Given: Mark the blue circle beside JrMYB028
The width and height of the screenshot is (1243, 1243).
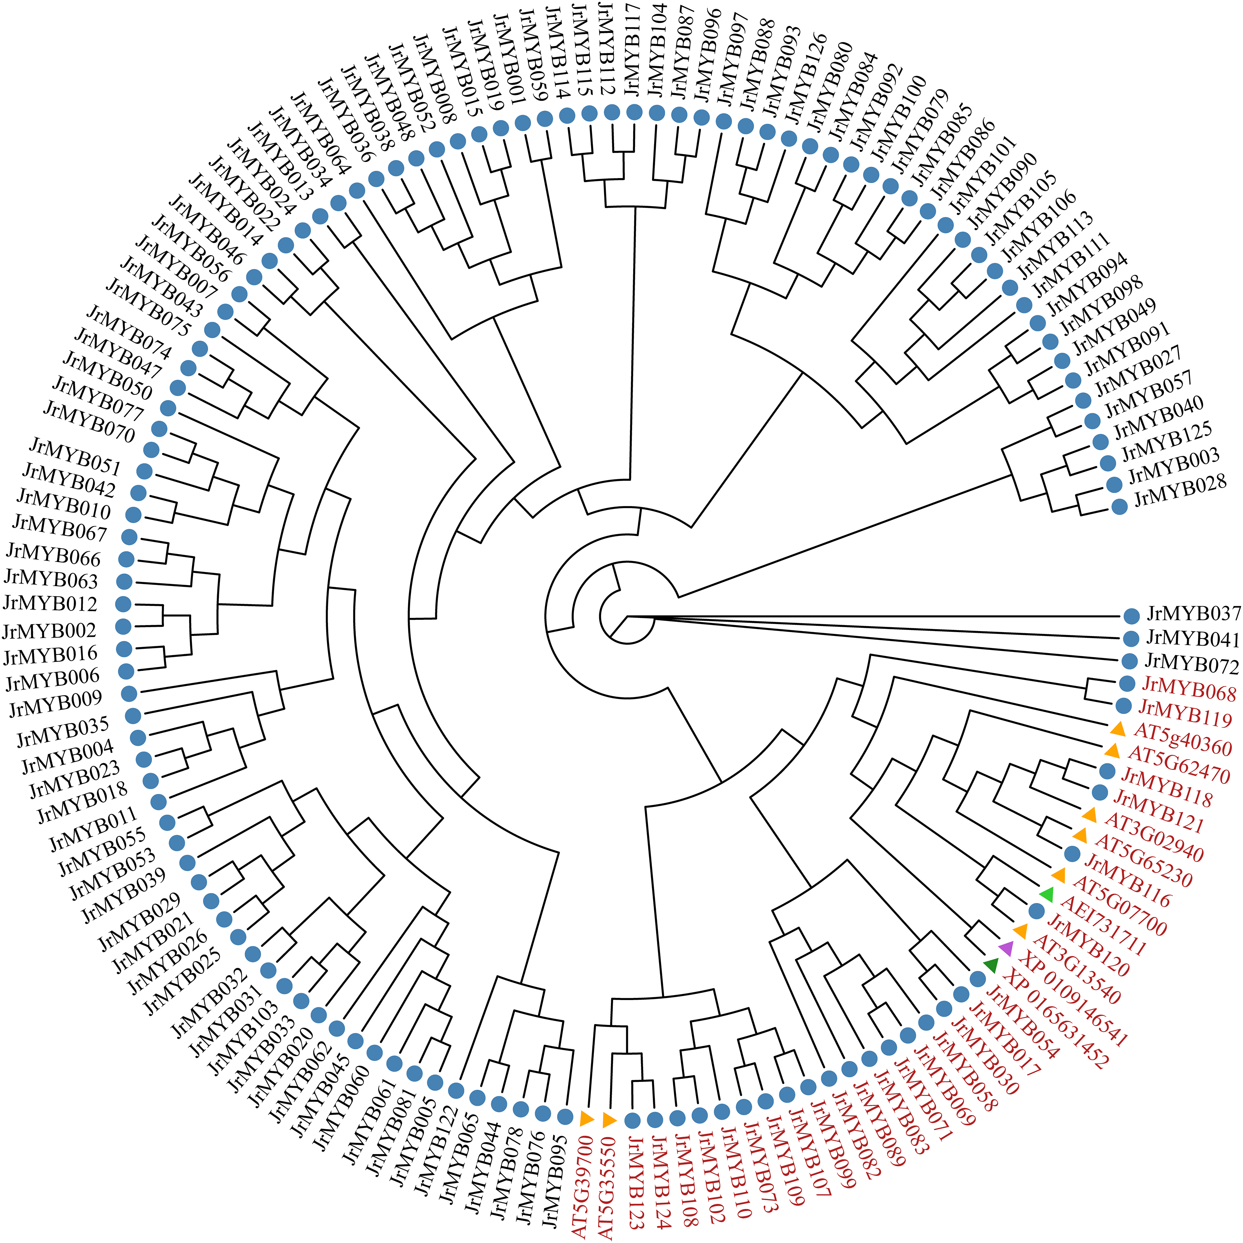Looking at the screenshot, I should [1119, 506].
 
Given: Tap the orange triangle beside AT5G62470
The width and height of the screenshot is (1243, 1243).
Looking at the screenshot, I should [1112, 750].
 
